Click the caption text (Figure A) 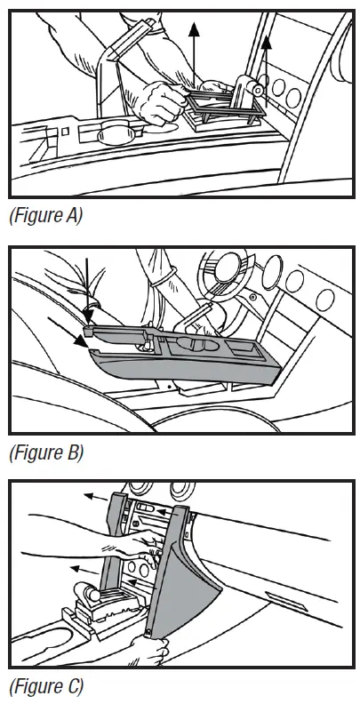44,215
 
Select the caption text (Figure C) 45,686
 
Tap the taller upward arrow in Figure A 194,53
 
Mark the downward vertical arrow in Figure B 88,289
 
